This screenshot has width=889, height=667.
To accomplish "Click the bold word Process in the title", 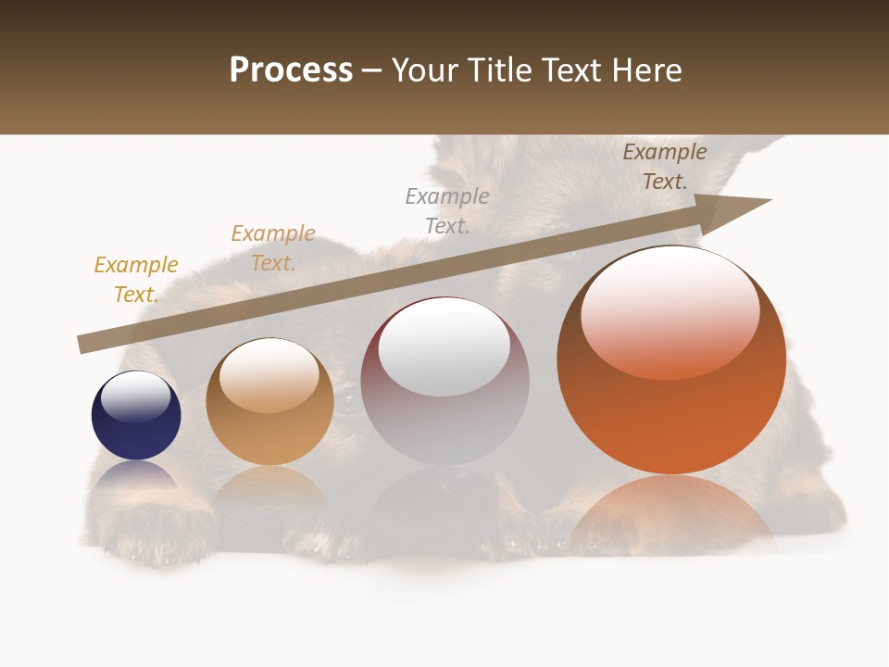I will [x=291, y=70].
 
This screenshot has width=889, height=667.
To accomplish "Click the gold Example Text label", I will [x=136, y=279].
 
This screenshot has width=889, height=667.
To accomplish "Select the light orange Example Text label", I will [x=273, y=247].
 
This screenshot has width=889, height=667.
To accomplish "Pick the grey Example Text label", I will [x=447, y=210].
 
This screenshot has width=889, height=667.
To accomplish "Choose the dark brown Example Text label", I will [x=665, y=166].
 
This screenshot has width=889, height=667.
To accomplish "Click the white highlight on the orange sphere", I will [x=670, y=313].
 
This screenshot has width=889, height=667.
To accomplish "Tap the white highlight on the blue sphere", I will [x=136, y=396].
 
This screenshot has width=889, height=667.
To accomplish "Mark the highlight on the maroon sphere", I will [x=444, y=346].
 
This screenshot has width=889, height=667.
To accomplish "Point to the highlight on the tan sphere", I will [x=269, y=375].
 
